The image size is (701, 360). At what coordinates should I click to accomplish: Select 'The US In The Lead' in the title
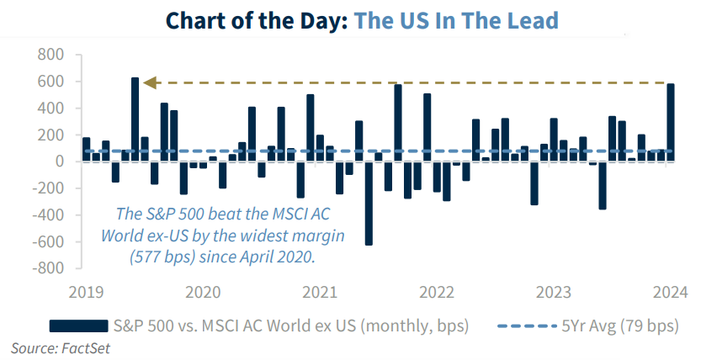(456, 19)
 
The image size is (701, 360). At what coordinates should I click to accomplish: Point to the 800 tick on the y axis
(51, 56)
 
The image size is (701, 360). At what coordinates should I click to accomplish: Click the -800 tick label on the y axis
(47, 269)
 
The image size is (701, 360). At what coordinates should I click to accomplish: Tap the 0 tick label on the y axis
(60, 162)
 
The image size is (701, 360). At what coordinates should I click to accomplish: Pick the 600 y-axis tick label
(51, 82)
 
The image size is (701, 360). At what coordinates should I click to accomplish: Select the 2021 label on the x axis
(320, 292)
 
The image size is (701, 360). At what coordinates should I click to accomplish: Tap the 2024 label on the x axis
(671, 292)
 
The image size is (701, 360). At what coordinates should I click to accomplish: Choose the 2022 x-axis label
(437, 292)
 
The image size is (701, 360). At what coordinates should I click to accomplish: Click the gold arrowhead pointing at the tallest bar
(149, 82)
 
